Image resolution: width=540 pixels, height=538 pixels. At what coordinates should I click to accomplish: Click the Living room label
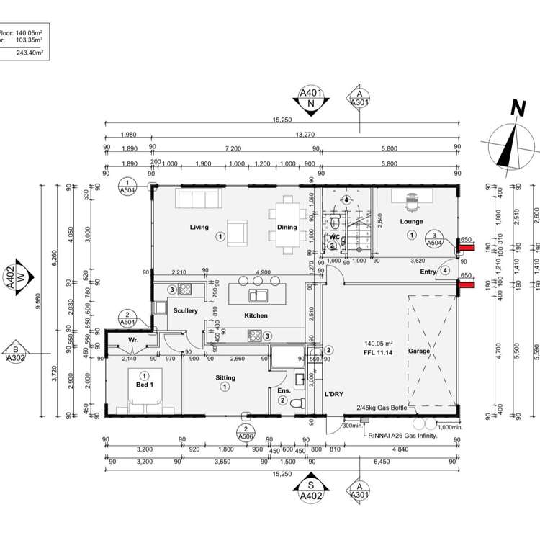199,228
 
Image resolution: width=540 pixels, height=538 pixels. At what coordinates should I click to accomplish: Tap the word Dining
287,228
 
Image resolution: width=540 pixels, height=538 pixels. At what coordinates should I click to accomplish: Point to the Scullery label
185,310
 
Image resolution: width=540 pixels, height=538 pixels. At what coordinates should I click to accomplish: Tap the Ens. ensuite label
283,390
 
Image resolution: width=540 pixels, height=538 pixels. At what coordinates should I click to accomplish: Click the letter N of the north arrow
516,109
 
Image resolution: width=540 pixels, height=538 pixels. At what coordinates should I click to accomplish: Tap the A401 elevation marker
311,93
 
